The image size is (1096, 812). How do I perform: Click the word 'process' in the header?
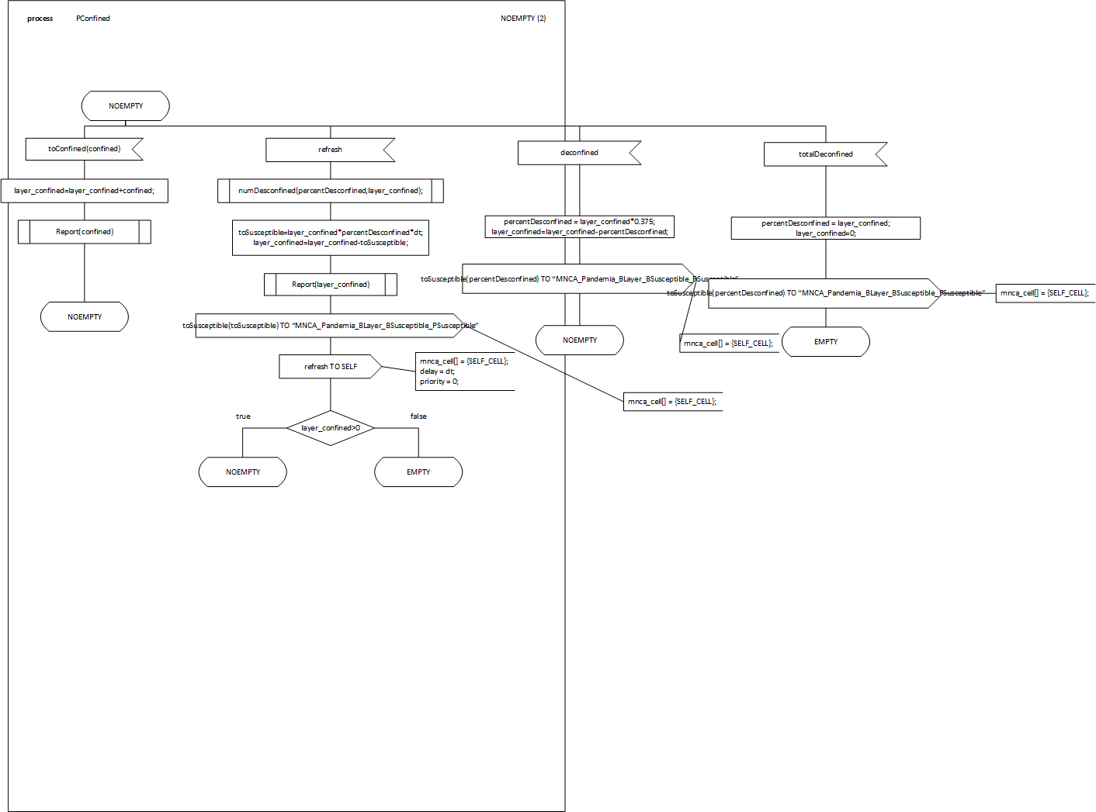[40, 19]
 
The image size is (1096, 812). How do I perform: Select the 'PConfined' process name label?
[93, 19]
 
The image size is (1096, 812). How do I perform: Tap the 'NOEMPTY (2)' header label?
[523, 19]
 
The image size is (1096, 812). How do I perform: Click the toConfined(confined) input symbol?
[84, 149]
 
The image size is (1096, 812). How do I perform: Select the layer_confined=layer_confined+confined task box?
[84, 191]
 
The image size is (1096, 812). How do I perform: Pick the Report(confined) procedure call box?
[84, 232]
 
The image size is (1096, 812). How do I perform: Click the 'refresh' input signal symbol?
[330, 150]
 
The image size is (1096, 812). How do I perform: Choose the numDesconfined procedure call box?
[331, 191]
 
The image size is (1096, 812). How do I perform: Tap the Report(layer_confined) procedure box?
[331, 285]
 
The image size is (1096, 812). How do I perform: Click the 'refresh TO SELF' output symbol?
[330, 367]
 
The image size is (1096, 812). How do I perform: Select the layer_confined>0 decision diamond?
[331, 428]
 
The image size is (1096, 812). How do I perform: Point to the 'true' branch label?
[243, 416]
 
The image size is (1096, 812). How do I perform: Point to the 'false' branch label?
[418, 416]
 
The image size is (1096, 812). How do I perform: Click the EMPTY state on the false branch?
[418, 472]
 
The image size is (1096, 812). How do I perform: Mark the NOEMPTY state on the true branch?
[243, 472]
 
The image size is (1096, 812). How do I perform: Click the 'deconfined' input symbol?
[579, 153]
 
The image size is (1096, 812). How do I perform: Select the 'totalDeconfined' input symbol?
[825, 154]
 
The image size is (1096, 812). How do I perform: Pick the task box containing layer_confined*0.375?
[579, 226]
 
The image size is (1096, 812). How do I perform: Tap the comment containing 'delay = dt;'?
[464, 371]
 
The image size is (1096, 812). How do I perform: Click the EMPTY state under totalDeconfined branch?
[826, 342]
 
